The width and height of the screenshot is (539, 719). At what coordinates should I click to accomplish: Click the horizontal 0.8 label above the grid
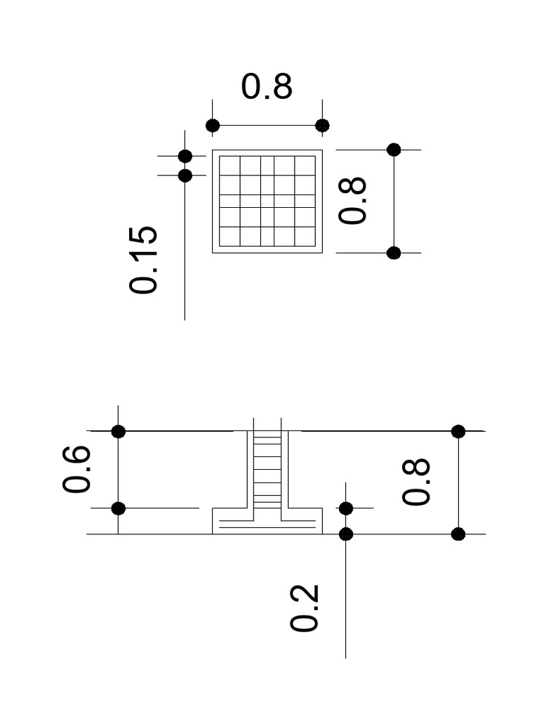tap(267, 87)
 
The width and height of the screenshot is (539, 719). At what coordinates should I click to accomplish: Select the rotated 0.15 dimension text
tap(144, 259)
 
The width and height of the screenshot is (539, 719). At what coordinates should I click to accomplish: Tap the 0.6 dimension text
tap(77, 469)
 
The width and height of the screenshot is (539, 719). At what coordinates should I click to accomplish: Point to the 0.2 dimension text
tap(305, 608)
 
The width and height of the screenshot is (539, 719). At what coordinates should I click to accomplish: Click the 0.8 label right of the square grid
tap(353, 201)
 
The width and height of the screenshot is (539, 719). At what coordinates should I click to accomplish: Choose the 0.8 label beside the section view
tap(417, 482)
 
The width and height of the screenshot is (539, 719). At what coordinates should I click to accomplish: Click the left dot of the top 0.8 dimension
tap(213, 126)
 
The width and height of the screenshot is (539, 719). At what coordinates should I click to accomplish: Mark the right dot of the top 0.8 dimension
tap(322, 126)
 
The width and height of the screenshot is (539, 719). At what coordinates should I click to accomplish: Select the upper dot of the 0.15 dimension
tap(185, 156)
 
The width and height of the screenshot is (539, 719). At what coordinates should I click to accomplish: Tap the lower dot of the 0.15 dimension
tap(185, 176)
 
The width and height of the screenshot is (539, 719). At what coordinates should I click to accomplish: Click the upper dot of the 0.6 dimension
tap(119, 431)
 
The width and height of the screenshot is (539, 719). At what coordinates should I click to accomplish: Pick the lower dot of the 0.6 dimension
tap(119, 508)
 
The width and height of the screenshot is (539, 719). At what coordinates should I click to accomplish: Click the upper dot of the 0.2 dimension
tap(346, 508)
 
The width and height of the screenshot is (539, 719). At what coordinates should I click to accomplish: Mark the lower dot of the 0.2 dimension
tap(346, 534)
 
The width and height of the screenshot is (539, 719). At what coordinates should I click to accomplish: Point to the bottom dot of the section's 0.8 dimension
tap(458, 534)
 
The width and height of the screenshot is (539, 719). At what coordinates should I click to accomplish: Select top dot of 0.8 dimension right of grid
tap(394, 150)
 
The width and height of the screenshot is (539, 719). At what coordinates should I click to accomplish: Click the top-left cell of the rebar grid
tap(229, 166)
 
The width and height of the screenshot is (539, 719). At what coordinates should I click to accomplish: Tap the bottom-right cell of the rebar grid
tap(305, 237)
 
